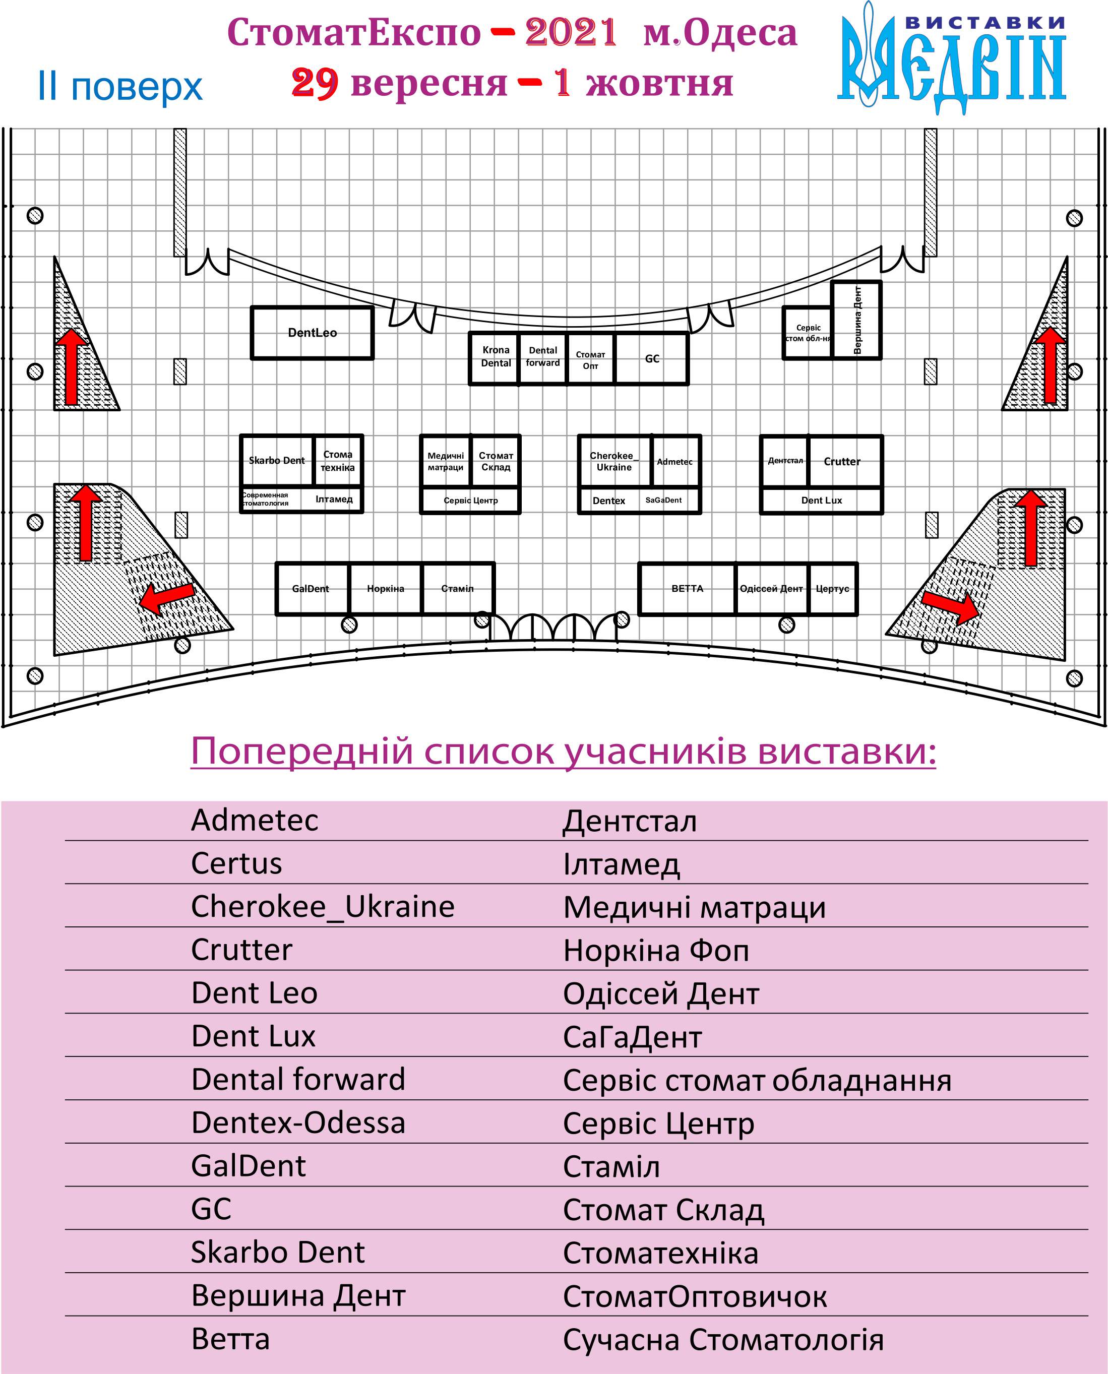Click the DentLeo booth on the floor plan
[x=312, y=333]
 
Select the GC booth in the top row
[x=652, y=359]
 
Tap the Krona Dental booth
[x=496, y=357]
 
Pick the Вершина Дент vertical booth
[x=857, y=320]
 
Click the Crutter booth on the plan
[x=842, y=461]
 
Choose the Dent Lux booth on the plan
[x=822, y=501]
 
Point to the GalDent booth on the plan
[x=311, y=588]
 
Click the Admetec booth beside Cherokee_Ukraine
[x=674, y=461]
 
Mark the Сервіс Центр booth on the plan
[x=470, y=501]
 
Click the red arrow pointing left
[x=167, y=596]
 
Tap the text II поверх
[x=120, y=87]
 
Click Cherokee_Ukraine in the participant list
[x=322, y=906]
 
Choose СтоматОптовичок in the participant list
[x=695, y=1296]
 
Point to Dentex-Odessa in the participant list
[x=298, y=1122]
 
